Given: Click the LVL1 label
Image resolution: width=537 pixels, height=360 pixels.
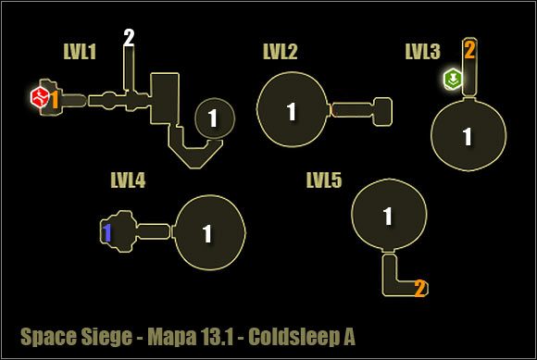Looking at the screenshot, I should click(x=80, y=52).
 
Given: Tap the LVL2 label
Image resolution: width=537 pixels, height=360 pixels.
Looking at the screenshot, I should click(x=279, y=52).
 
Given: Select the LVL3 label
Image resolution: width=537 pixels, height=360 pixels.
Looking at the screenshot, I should click(x=422, y=52).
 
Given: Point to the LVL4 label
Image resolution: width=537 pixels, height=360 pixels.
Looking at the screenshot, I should click(x=128, y=180).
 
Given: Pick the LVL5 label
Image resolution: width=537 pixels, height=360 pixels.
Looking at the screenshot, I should click(x=324, y=180).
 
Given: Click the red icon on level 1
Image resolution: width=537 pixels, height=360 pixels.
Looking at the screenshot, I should click(x=39, y=96).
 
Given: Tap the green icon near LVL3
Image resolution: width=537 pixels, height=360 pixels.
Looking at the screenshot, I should click(x=453, y=78).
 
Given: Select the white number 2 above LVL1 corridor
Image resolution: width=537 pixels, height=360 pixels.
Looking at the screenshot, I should click(x=129, y=38).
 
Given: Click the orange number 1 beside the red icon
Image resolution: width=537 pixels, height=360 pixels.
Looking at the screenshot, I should click(x=55, y=98).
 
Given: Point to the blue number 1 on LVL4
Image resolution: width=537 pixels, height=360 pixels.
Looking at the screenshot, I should click(x=107, y=233).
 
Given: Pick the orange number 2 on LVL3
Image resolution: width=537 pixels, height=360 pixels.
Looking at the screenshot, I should click(x=469, y=50).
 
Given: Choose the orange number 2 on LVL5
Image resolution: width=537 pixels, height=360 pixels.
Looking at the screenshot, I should click(x=419, y=289).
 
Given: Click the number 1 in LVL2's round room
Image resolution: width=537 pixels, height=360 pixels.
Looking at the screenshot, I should click(x=292, y=112).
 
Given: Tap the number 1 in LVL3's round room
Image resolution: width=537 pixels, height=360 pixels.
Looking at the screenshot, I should click(x=468, y=137).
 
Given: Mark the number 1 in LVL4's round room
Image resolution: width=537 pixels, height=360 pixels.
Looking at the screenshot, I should click(x=207, y=233).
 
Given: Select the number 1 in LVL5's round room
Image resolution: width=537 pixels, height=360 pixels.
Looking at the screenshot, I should click(x=388, y=217).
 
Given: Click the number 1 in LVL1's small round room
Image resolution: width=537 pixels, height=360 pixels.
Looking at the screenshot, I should click(x=213, y=118).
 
